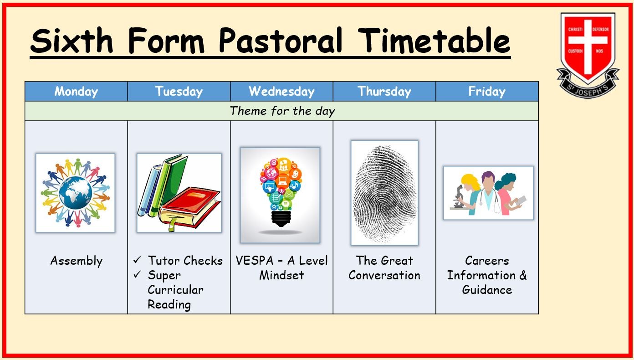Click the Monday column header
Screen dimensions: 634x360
[76, 92]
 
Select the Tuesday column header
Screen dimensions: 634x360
[179, 92]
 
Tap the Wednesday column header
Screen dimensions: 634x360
[281, 92]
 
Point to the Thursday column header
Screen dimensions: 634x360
[384, 92]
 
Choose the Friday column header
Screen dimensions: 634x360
[487, 92]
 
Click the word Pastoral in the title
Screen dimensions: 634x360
[281, 40]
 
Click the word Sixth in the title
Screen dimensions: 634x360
[72, 40]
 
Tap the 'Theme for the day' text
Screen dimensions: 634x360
[282, 111]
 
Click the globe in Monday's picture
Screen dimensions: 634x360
[75, 193]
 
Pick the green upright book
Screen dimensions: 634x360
[170, 184]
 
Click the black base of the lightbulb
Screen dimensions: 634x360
[281, 219]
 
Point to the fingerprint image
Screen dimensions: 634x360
[384, 193]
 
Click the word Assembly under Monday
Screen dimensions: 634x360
[77, 261]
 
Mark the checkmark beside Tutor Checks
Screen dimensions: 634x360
[137, 259]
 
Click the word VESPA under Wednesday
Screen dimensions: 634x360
[255, 261]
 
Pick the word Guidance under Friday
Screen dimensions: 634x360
[487, 290]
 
